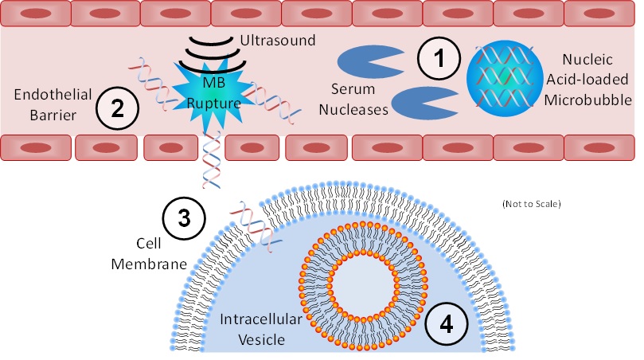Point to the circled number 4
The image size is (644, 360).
(447, 324)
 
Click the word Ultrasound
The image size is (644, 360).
(278, 40)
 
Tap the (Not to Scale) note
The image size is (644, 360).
(532, 205)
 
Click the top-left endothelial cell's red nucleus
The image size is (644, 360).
(35, 15)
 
